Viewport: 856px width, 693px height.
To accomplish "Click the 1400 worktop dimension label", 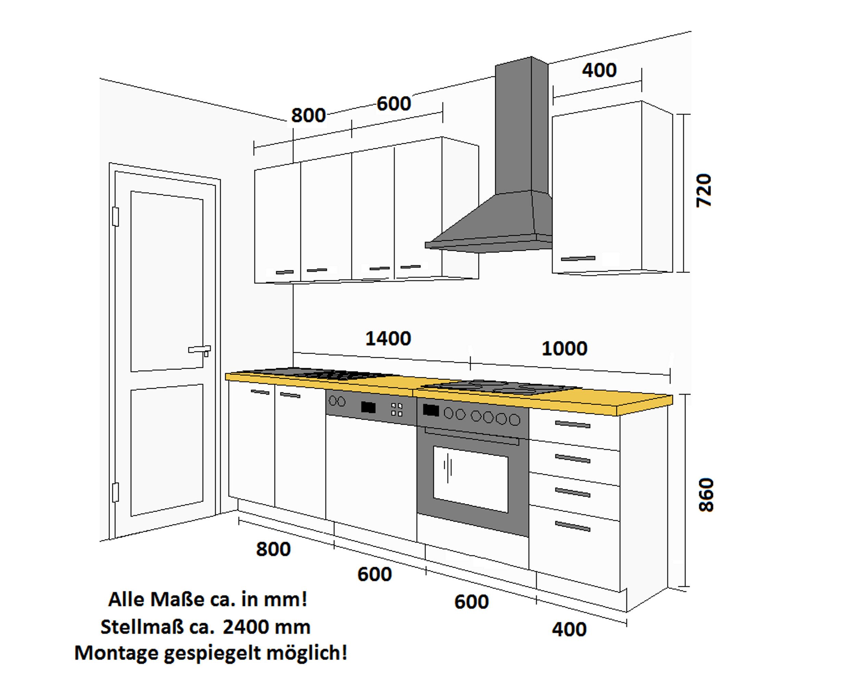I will tap(388, 339).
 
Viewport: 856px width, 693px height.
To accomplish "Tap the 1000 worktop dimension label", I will tap(564, 349).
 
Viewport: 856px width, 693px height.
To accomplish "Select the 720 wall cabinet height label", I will tap(704, 190).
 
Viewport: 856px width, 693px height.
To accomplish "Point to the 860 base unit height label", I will tap(706, 495).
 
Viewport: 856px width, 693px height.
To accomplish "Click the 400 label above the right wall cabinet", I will tap(599, 70).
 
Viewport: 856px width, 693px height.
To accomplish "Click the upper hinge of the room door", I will tap(116, 216).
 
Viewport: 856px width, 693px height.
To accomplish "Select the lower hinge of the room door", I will tap(116, 492).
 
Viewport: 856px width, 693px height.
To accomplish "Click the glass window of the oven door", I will tap(470, 478).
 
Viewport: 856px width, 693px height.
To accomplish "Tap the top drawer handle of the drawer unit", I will tap(572, 424).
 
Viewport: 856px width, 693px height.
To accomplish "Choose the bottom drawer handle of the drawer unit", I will tap(572, 527).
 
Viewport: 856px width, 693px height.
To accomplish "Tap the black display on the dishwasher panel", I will tap(368, 407).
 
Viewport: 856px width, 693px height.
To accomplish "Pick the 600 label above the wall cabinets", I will tap(393, 104).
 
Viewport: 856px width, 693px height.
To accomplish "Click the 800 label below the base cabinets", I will tap(273, 549).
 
